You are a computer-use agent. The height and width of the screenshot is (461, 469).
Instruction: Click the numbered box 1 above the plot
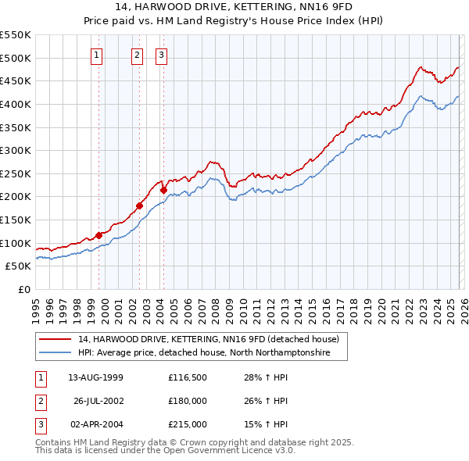tap(96, 55)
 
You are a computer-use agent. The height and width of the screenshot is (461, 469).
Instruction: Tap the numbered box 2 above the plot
tap(138, 55)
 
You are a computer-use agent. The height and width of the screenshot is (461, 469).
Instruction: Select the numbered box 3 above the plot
tap(161, 55)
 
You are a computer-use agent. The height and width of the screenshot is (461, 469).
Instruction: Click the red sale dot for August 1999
tap(99, 235)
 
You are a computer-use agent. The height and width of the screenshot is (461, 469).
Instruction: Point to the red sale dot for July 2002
tap(140, 206)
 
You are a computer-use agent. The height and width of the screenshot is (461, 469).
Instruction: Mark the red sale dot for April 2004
tap(163, 190)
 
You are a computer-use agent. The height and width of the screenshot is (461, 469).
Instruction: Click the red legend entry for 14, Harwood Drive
tap(208, 340)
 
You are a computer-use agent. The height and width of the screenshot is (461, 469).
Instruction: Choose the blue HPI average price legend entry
tap(204, 353)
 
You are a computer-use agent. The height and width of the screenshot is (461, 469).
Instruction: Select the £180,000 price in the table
tap(188, 402)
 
